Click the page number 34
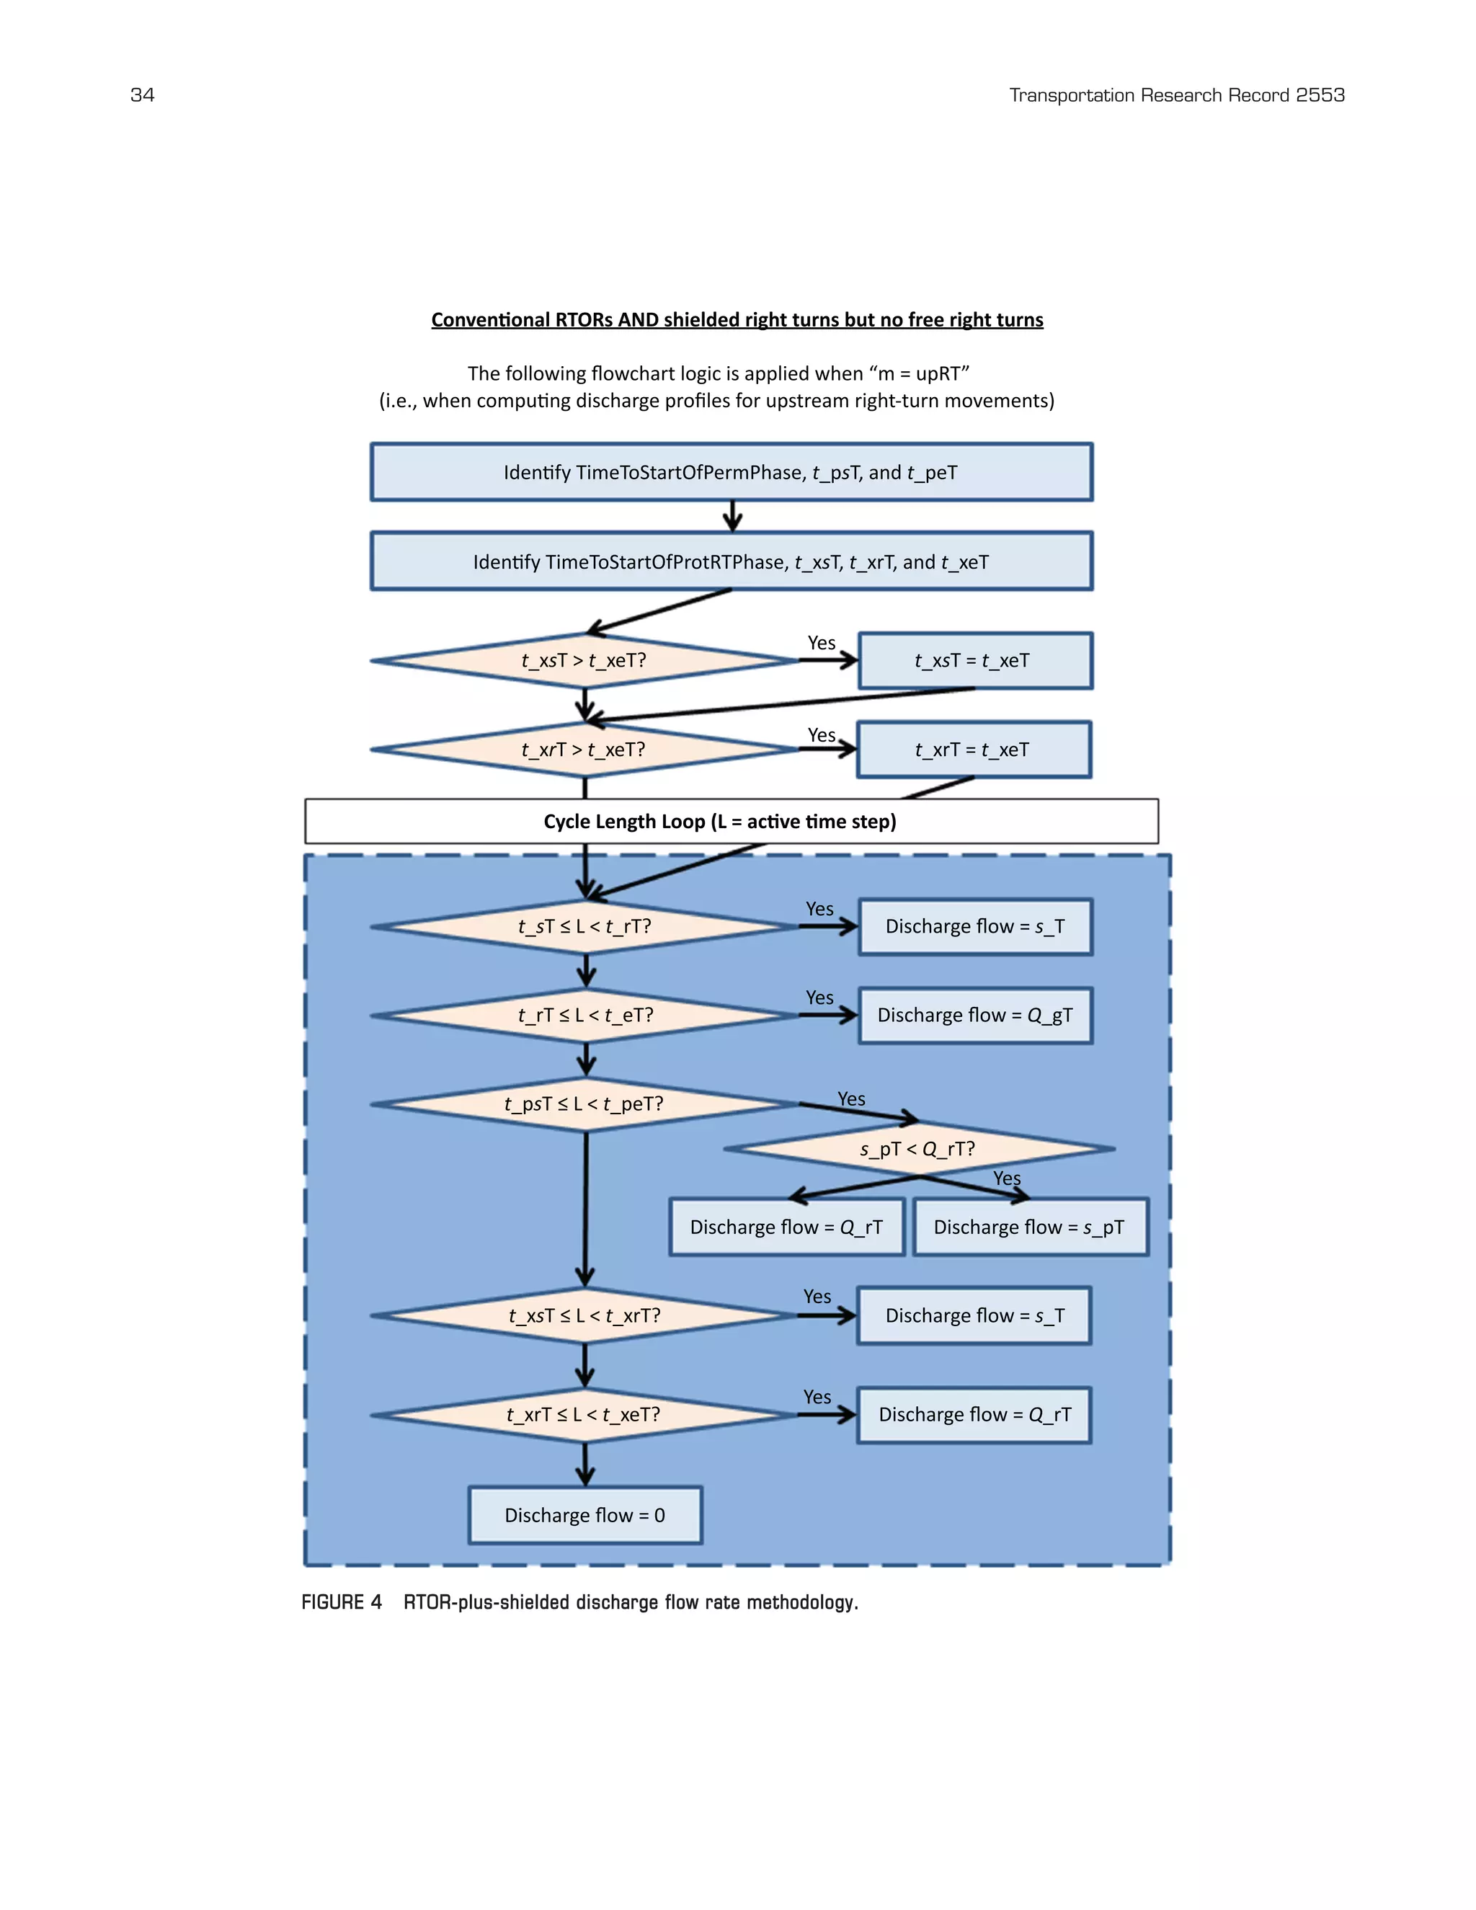pos(142,94)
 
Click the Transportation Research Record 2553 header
pos(1176,94)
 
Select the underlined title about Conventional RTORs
pos(737,320)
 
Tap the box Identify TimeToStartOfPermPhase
pos(731,472)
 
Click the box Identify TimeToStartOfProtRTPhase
pos(731,561)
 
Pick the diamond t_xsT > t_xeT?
pos(584,660)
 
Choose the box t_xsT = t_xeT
pos(974,660)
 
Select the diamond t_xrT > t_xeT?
pos(584,750)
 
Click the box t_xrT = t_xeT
pos(973,750)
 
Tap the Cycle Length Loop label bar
pos(731,821)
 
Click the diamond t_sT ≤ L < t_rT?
pos(584,926)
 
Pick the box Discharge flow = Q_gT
pos(975,1016)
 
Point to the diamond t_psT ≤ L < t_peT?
pos(584,1103)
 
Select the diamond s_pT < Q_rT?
pos(918,1149)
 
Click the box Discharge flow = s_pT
pos(1029,1227)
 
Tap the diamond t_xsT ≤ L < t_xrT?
pos(584,1315)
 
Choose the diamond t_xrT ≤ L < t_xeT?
pos(584,1414)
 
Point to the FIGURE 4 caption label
pos(342,1602)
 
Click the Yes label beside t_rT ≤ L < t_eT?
pos(819,998)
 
